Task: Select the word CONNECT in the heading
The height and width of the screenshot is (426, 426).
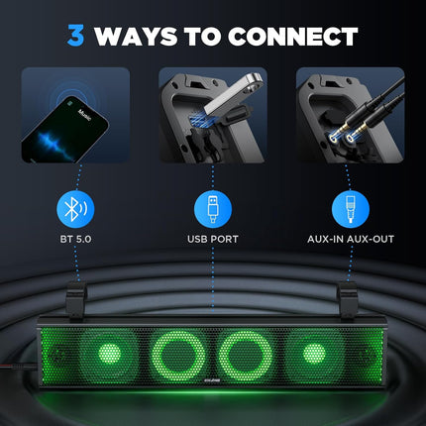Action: click(x=293, y=37)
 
